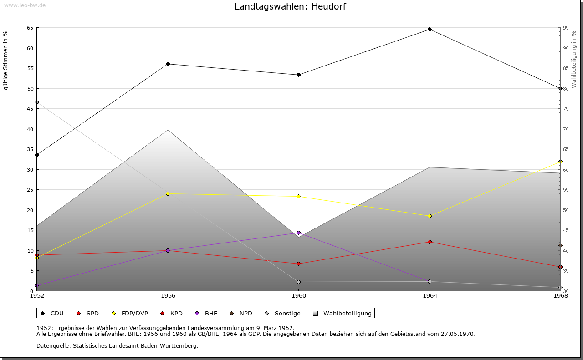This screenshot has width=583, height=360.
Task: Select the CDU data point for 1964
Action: [430, 30]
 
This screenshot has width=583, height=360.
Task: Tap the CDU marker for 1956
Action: [168, 64]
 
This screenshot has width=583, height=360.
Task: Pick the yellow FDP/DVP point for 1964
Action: [430, 216]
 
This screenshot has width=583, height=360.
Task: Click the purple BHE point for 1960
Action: [298, 233]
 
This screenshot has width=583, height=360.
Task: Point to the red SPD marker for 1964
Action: [430, 242]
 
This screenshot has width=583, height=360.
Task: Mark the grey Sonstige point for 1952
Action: [36, 102]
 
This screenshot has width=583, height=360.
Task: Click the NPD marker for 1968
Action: [560, 245]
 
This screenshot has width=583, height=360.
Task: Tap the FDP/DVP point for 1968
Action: [560, 162]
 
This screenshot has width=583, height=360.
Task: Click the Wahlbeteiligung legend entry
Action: [347, 313]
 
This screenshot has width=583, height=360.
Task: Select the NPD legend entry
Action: [245, 313]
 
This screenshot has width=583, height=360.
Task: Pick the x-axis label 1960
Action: [298, 296]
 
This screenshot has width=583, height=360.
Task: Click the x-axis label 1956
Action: [168, 296]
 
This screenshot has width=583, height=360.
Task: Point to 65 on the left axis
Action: [30, 28]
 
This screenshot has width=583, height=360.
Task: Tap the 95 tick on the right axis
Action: [566, 28]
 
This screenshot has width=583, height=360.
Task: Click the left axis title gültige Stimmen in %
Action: [6, 60]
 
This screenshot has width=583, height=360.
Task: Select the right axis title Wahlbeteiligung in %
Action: [574, 59]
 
